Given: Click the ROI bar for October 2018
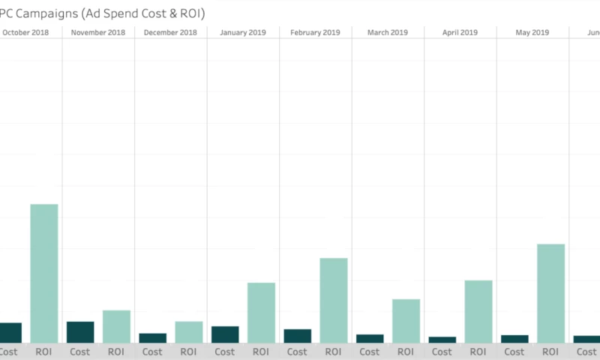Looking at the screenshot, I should [43, 274].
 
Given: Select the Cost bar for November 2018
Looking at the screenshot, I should [80, 332].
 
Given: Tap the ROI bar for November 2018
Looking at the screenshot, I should [116, 326].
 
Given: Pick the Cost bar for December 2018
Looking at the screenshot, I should [152, 338].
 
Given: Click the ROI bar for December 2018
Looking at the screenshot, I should [189, 332].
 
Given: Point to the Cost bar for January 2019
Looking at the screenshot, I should [225, 334].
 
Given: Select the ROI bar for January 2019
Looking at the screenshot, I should [261, 313].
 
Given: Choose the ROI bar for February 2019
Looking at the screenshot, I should [334, 301].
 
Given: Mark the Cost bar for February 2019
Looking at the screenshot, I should [298, 336].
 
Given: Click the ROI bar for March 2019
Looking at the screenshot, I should [406, 321].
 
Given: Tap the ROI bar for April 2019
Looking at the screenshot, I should [478, 312].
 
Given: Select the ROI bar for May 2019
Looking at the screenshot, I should [550, 293].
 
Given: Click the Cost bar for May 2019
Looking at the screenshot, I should [514, 339].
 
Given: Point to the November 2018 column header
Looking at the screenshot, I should [98, 32].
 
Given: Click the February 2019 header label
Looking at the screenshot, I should [316, 32].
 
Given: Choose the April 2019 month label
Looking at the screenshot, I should [460, 32].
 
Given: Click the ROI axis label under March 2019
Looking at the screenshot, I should [406, 351].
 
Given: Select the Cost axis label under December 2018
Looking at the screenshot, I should [152, 351].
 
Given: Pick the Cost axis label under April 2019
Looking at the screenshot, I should [442, 351].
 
